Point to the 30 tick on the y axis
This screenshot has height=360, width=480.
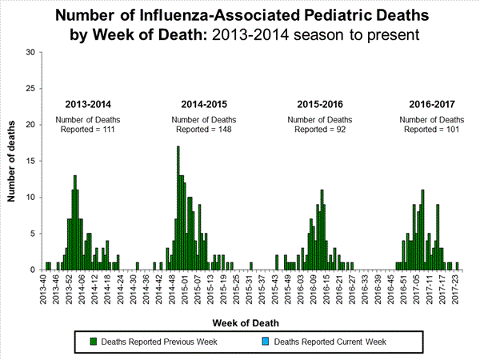tap(30, 52)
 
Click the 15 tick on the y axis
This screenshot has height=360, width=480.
tap(30, 161)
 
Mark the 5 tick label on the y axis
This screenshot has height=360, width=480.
tap(33, 234)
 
